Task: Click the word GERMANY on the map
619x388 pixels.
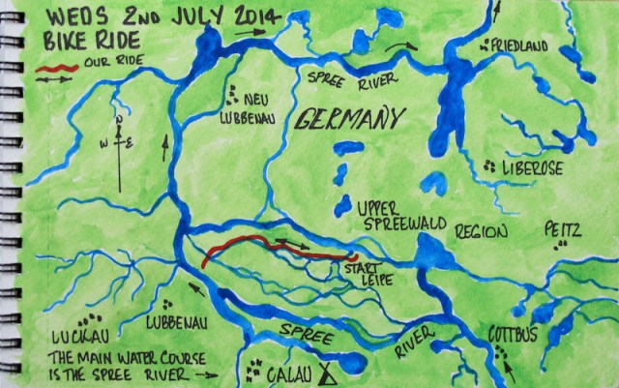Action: click(347, 119)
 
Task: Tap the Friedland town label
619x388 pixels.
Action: click(523, 46)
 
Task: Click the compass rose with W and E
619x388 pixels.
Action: click(118, 145)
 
